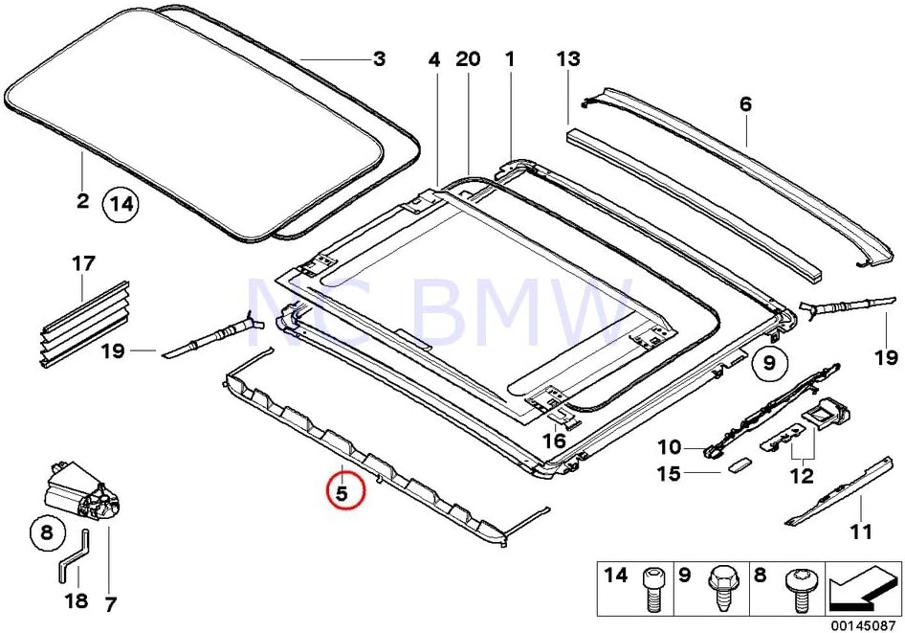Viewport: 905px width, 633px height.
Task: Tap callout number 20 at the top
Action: click(468, 59)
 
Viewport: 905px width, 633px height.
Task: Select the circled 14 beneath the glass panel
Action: click(121, 203)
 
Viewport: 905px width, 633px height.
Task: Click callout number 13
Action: click(568, 59)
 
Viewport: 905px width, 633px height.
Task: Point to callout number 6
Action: click(746, 105)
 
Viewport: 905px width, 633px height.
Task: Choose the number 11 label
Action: click(861, 532)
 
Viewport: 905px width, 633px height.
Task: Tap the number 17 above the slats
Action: click(84, 261)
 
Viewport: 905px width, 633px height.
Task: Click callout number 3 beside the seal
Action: click(380, 59)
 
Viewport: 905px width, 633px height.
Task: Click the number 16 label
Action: click(554, 441)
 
